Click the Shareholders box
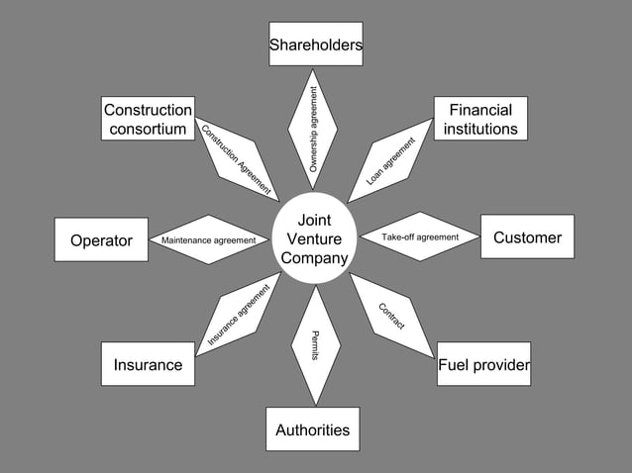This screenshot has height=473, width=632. pyautogui.click(x=315, y=45)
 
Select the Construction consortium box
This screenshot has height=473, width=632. pyautogui.click(x=148, y=119)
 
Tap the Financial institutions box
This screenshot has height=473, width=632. pyautogui.click(x=480, y=119)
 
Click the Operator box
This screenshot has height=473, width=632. pyautogui.click(x=101, y=239)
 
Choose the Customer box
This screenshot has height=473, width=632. pyautogui.click(x=527, y=237)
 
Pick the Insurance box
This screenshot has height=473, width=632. pyautogui.click(x=148, y=364)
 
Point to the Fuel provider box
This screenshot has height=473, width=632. pyautogui.click(x=483, y=364)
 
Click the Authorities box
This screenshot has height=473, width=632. pyautogui.click(x=312, y=429)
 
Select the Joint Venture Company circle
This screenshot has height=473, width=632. pyautogui.click(x=314, y=239)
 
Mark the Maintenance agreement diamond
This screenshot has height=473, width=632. pyautogui.click(x=209, y=240)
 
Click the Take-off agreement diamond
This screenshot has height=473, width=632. pyautogui.click(x=420, y=237)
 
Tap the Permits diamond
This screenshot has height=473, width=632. pyautogui.click(x=315, y=345)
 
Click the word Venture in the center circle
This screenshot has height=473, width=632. pyautogui.click(x=314, y=239)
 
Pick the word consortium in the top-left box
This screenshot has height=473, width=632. pyautogui.click(x=148, y=129)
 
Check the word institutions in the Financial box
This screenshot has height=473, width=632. pyautogui.click(x=480, y=129)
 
